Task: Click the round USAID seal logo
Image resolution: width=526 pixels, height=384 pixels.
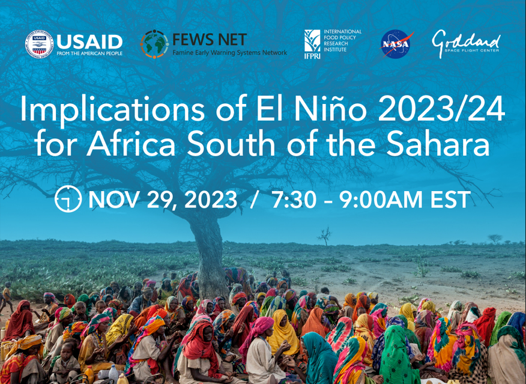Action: coord(39,44)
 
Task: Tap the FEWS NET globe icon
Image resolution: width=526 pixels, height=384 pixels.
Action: coord(154,44)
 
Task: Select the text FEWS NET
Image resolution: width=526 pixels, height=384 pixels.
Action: coord(209,40)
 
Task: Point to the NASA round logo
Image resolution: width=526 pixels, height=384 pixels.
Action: coord(396,44)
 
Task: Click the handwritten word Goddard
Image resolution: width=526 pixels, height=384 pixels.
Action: coord(466,41)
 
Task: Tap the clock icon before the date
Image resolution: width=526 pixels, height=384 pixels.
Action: coord(68,199)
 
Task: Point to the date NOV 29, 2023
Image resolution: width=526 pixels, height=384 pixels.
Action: coord(163,200)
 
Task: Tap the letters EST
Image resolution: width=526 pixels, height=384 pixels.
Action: coord(450,200)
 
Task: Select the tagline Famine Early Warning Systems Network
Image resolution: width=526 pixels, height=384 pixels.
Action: coord(229,53)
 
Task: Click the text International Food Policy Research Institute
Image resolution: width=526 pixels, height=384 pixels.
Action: coord(342,42)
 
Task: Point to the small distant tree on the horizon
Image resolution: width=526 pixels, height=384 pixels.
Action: coord(325,236)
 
